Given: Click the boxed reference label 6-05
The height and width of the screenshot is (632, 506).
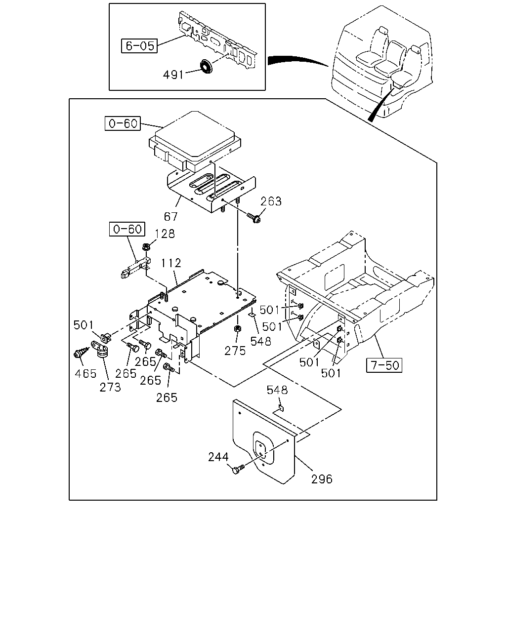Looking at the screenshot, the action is pyautogui.click(x=139, y=46).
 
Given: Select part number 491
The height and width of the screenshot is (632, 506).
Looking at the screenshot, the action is pyautogui.click(x=173, y=75).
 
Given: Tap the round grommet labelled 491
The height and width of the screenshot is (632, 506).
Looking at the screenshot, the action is pyautogui.click(x=207, y=66).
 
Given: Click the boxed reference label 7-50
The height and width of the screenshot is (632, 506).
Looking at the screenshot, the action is pyautogui.click(x=384, y=365).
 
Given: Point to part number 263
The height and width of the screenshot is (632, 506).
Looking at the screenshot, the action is pyautogui.click(x=271, y=201).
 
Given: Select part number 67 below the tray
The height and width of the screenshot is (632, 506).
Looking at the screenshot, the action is pyautogui.click(x=171, y=216).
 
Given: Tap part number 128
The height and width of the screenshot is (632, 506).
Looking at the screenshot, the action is pyautogui.click(x=165, y=234).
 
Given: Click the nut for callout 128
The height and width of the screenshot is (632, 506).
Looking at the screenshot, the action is pyautogui.click(x=146, y=247).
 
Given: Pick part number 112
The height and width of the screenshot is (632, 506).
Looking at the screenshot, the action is pyautogui.click(x=171, y=263).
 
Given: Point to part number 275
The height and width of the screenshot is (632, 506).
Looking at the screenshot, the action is pyautogui.click(x=235, y=351).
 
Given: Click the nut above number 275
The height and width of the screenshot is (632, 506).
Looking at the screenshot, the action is pyautogui.click(x=237, y=329).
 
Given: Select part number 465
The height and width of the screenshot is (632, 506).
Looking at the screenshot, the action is pyautogui.click(x=85, y=374).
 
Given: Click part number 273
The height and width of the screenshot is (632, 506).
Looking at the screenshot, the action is pyautogui.click(x=110, y=388).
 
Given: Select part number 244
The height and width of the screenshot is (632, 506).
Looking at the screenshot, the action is pyautogui.click(x=218, y=457).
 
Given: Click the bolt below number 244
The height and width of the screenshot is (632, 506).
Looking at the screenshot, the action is pyautogui.click(x=238, y=469).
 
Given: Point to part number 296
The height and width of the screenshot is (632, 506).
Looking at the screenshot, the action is pyautogui.click(x=322, y=479).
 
